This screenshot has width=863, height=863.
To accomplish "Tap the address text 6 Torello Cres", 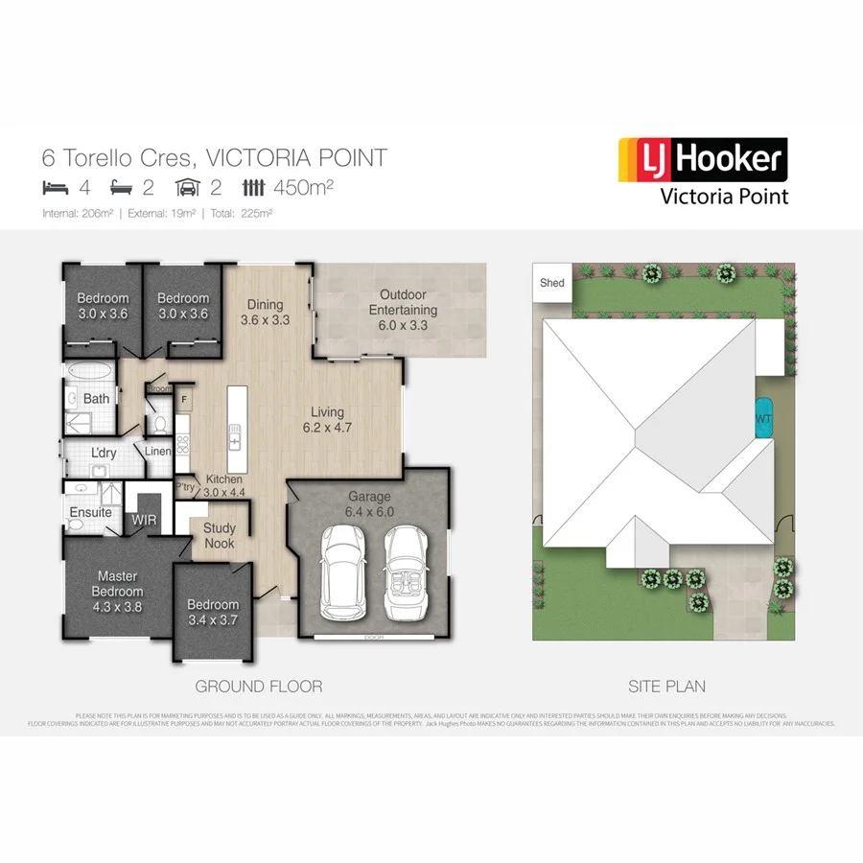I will tap(115, 157).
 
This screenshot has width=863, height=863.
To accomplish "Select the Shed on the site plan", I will tap(552, 283).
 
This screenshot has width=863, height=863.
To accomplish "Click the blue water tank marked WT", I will tap(763, 418).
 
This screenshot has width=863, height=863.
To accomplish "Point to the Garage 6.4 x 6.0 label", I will tap(369, 504).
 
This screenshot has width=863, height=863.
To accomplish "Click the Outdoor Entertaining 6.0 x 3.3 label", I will tap(403, 310).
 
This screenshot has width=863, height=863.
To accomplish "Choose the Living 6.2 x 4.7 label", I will tap(327, 420).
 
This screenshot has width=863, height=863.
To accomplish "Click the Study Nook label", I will tap(220, 536).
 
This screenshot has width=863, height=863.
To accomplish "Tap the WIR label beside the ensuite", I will tap(144, 519).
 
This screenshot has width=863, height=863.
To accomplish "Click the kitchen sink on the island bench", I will tap(233, 441).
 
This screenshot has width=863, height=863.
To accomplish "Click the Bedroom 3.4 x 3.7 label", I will tap(213, 613).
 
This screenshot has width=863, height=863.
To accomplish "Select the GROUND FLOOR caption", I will tap(259, 687).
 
